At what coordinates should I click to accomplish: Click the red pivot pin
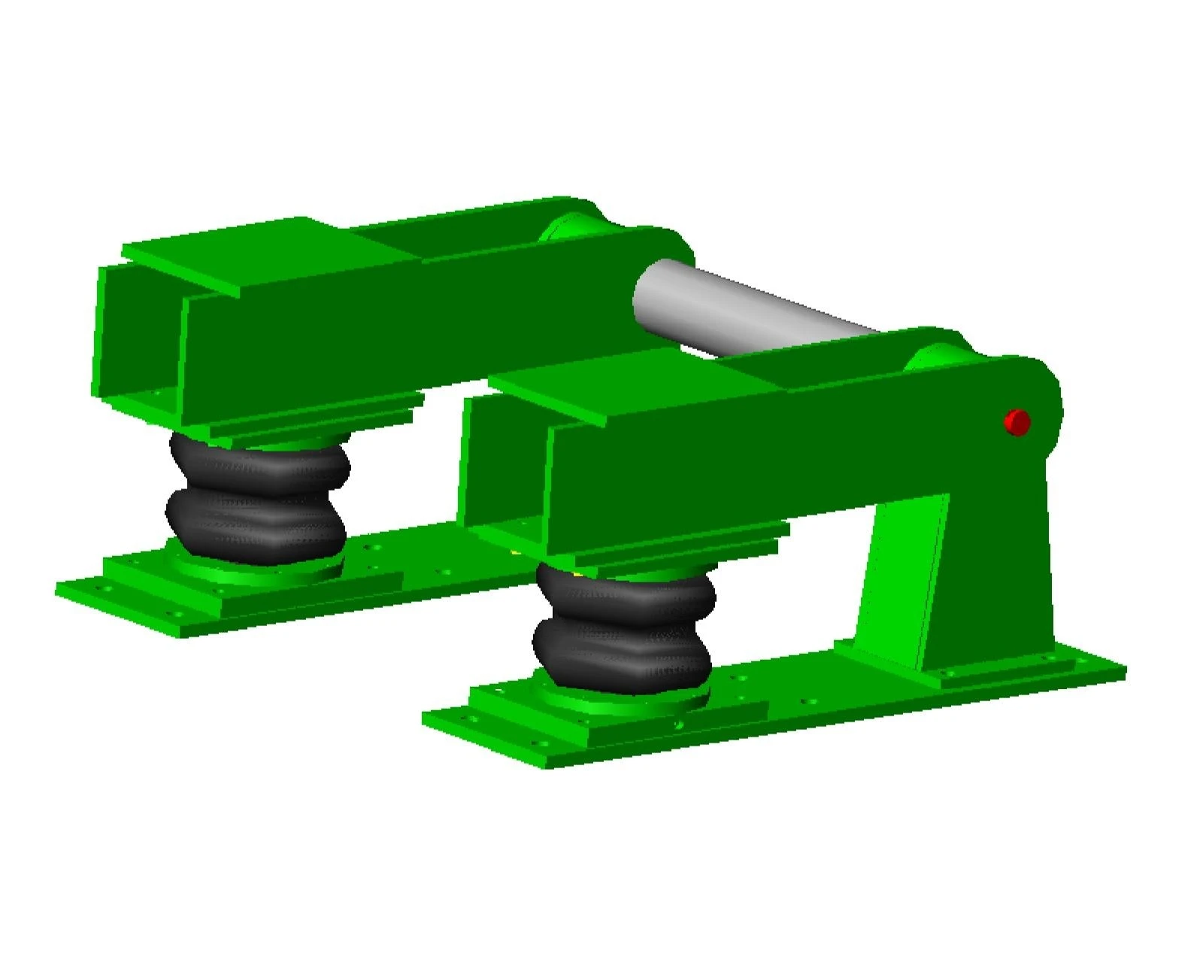point(1017,422)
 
